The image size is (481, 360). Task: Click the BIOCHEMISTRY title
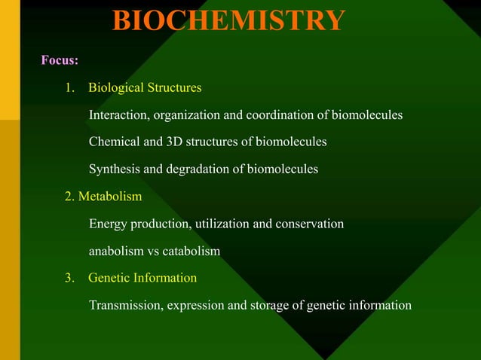point(229,20)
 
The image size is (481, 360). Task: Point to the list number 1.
point(70,88)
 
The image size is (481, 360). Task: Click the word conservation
point(305,224)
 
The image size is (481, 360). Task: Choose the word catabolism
point(191,251)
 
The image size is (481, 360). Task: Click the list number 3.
point(70,278)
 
